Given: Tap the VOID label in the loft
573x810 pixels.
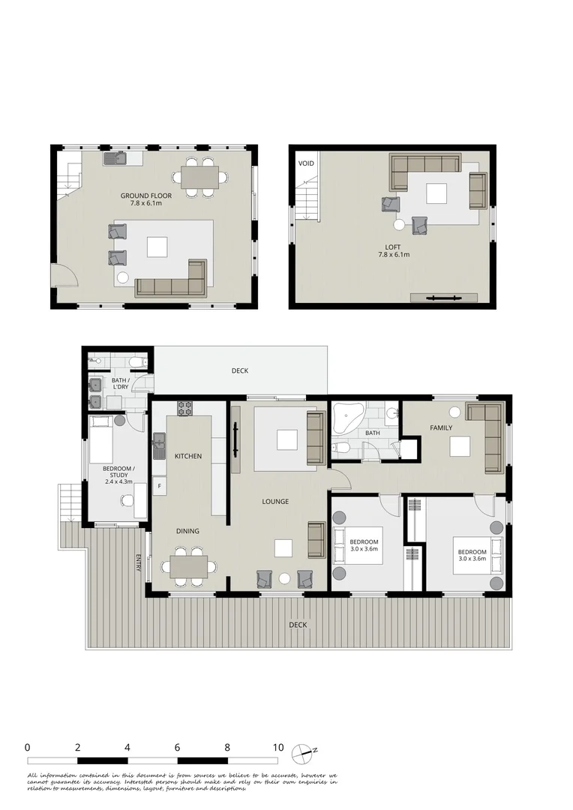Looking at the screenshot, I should point(306,163).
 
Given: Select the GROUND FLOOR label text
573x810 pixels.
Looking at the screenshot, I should point(146,196).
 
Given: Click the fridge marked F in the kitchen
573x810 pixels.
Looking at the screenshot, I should point(159,486).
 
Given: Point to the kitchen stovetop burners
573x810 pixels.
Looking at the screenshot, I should point(184,409).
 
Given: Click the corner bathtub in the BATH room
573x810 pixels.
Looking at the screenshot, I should point(347,416).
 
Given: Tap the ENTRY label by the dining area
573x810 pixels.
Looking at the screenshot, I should point(139,562).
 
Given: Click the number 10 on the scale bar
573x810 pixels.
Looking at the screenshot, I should point(278,748).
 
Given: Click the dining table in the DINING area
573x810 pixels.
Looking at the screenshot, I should point(189,566).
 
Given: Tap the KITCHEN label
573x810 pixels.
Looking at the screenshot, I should point(188,456).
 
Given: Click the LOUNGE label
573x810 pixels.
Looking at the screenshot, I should point(275,502).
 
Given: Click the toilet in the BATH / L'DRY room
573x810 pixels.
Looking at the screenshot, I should point(136,363).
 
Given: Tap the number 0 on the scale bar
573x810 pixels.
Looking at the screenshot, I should point(27,748).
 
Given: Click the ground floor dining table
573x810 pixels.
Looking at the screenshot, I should point(200,177).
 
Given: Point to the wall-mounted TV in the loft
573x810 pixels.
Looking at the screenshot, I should point(443,298).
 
